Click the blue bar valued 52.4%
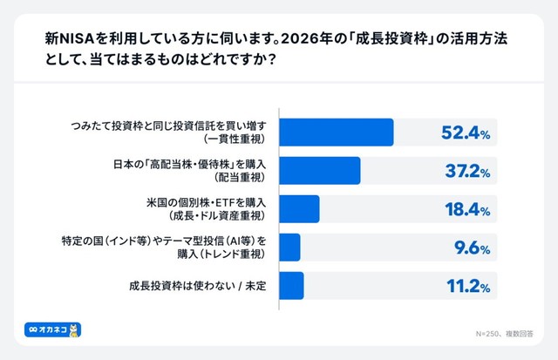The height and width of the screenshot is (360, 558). coord(337,132)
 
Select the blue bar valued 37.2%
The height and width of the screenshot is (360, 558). coord(320,171)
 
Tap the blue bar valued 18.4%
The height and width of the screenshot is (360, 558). coord(300,209)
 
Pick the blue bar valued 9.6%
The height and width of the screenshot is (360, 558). coord(290,247)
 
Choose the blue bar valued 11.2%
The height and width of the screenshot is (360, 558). coord(292,285)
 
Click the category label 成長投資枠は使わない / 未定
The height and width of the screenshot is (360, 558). coord(201,285)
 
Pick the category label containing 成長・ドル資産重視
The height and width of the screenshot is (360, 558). coord(210,209)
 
